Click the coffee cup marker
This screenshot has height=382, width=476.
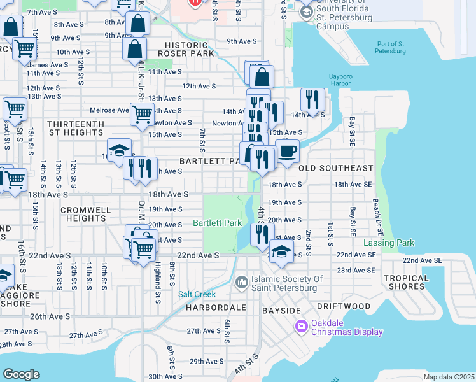[287, 152]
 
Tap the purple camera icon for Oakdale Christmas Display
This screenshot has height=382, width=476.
[301, 327]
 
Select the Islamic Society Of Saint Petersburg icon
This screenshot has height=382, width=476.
[241, 281]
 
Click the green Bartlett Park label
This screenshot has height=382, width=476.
[217, 223]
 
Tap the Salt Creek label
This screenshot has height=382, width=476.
[197, 294]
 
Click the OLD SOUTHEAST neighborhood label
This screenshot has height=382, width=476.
[335, 168]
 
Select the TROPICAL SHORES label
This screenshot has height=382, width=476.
[406, 282]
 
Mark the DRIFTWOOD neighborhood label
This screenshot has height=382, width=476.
[343, 306]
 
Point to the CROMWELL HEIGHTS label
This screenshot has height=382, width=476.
[85, 214]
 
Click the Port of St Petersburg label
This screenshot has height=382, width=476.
[391, 48]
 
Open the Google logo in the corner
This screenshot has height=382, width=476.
[22, 374]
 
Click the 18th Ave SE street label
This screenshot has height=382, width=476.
[353, 184]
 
